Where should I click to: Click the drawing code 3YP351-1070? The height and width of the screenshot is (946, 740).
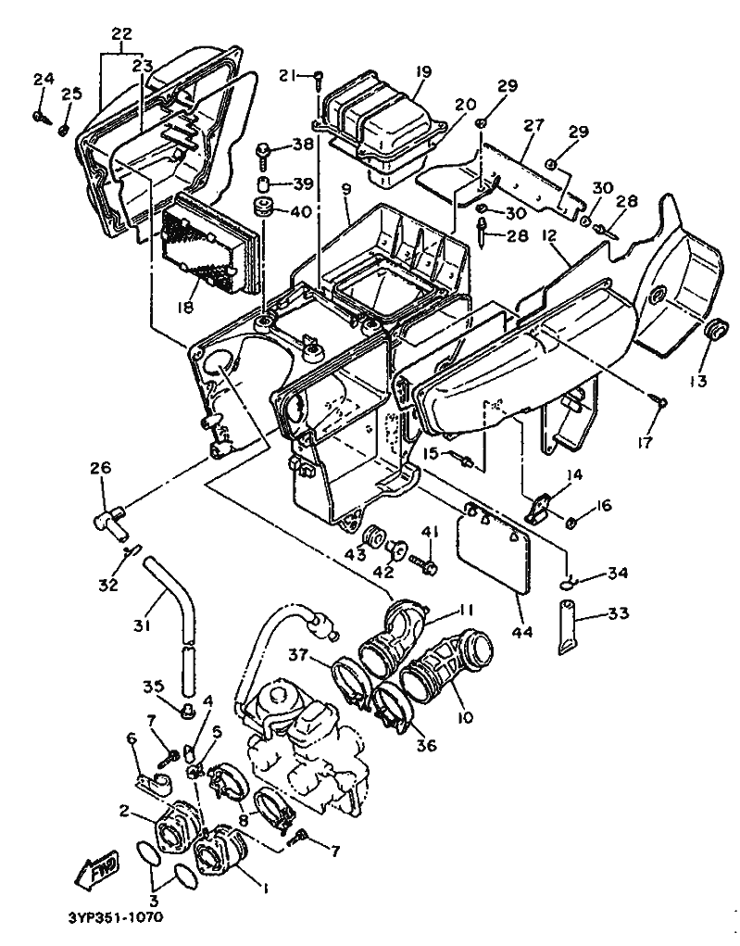[x=114, y=918]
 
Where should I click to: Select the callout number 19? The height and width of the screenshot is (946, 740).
[x=423, y=72]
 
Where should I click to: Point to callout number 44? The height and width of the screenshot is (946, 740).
[x=522, y=632]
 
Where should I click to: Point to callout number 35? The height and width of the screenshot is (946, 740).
[x=153, y=686]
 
